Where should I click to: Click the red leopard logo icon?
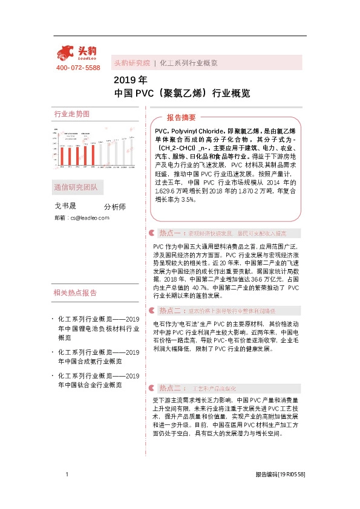pyautogui.click(x=67, y=53)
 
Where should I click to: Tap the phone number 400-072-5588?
pyautogui.click(x=78, y=68)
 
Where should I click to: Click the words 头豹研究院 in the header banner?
pyautogui.click(x=131, y=63)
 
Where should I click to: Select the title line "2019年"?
pyautogui.click(x=130, y=80)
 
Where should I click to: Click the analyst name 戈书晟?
pyautogui.click(x=67, y=206)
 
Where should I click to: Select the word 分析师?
pyautogui.click(x=115, y=207)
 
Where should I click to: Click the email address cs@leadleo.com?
pyautogui.click(x=90, y=217)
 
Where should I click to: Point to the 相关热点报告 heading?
pyautogui.click(x=75, y=293)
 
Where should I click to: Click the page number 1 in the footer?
pyautogui.click(x=66, y=475)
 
